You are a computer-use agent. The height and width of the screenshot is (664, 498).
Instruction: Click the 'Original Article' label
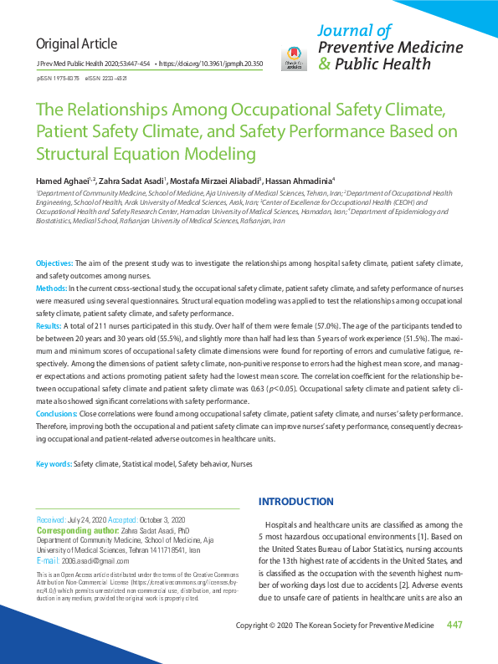click(x=76, y=43)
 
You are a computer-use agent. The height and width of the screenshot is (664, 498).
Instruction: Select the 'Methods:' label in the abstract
click(x=52, y=287)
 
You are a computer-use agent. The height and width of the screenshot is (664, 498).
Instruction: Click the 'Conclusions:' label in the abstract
click(x=57, y=413)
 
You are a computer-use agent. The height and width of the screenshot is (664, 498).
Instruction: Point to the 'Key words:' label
click(x=54, y=463)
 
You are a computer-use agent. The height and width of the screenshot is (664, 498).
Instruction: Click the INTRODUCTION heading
click(x=296, y=502)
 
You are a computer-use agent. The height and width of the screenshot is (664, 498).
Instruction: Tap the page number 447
click(x=455, y=626)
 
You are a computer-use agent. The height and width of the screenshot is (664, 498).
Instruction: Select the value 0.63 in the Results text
click(x=281, y=390)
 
